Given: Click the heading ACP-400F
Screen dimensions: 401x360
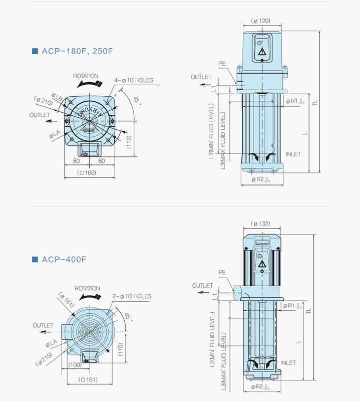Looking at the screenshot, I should click(x=65, y=259).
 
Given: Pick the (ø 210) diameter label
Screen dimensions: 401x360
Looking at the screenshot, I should click(x=44, y=100).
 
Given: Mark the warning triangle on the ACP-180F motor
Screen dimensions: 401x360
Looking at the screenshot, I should click(x=262, y=52).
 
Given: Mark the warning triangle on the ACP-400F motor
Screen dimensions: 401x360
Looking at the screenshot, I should click(x=261, y=268).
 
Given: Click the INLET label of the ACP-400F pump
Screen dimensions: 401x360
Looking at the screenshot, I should click(x=288, y=362).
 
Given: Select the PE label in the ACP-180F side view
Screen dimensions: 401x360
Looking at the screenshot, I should click(x=222, y=64).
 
